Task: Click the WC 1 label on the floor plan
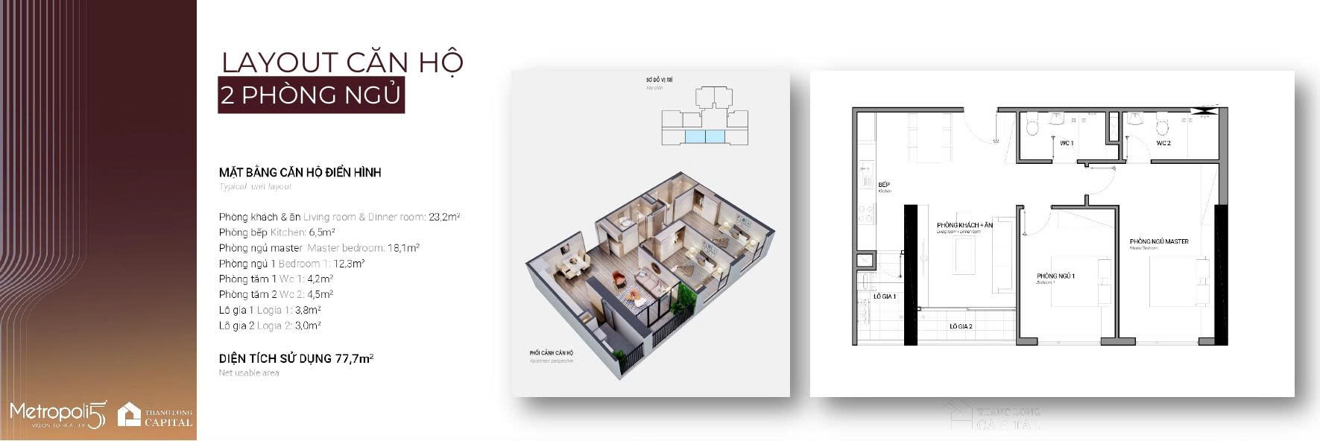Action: (x=1067, y=142)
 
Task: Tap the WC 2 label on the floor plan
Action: (x=1163, y=142)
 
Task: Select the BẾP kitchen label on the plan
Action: (x=885, y=185)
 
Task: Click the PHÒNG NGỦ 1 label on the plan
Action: (x=1055, y=276)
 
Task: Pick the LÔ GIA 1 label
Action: (x=885, y=296)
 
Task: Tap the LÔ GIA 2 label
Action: (x=961, y=326)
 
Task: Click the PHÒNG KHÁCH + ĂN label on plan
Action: (x=965, y=225)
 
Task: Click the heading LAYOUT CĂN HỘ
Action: (x=342, y=62)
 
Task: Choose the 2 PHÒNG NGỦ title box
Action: (x=311, y=95)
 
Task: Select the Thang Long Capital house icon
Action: (x=129, y=415)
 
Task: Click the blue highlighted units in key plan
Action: (x=705, y=137)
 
